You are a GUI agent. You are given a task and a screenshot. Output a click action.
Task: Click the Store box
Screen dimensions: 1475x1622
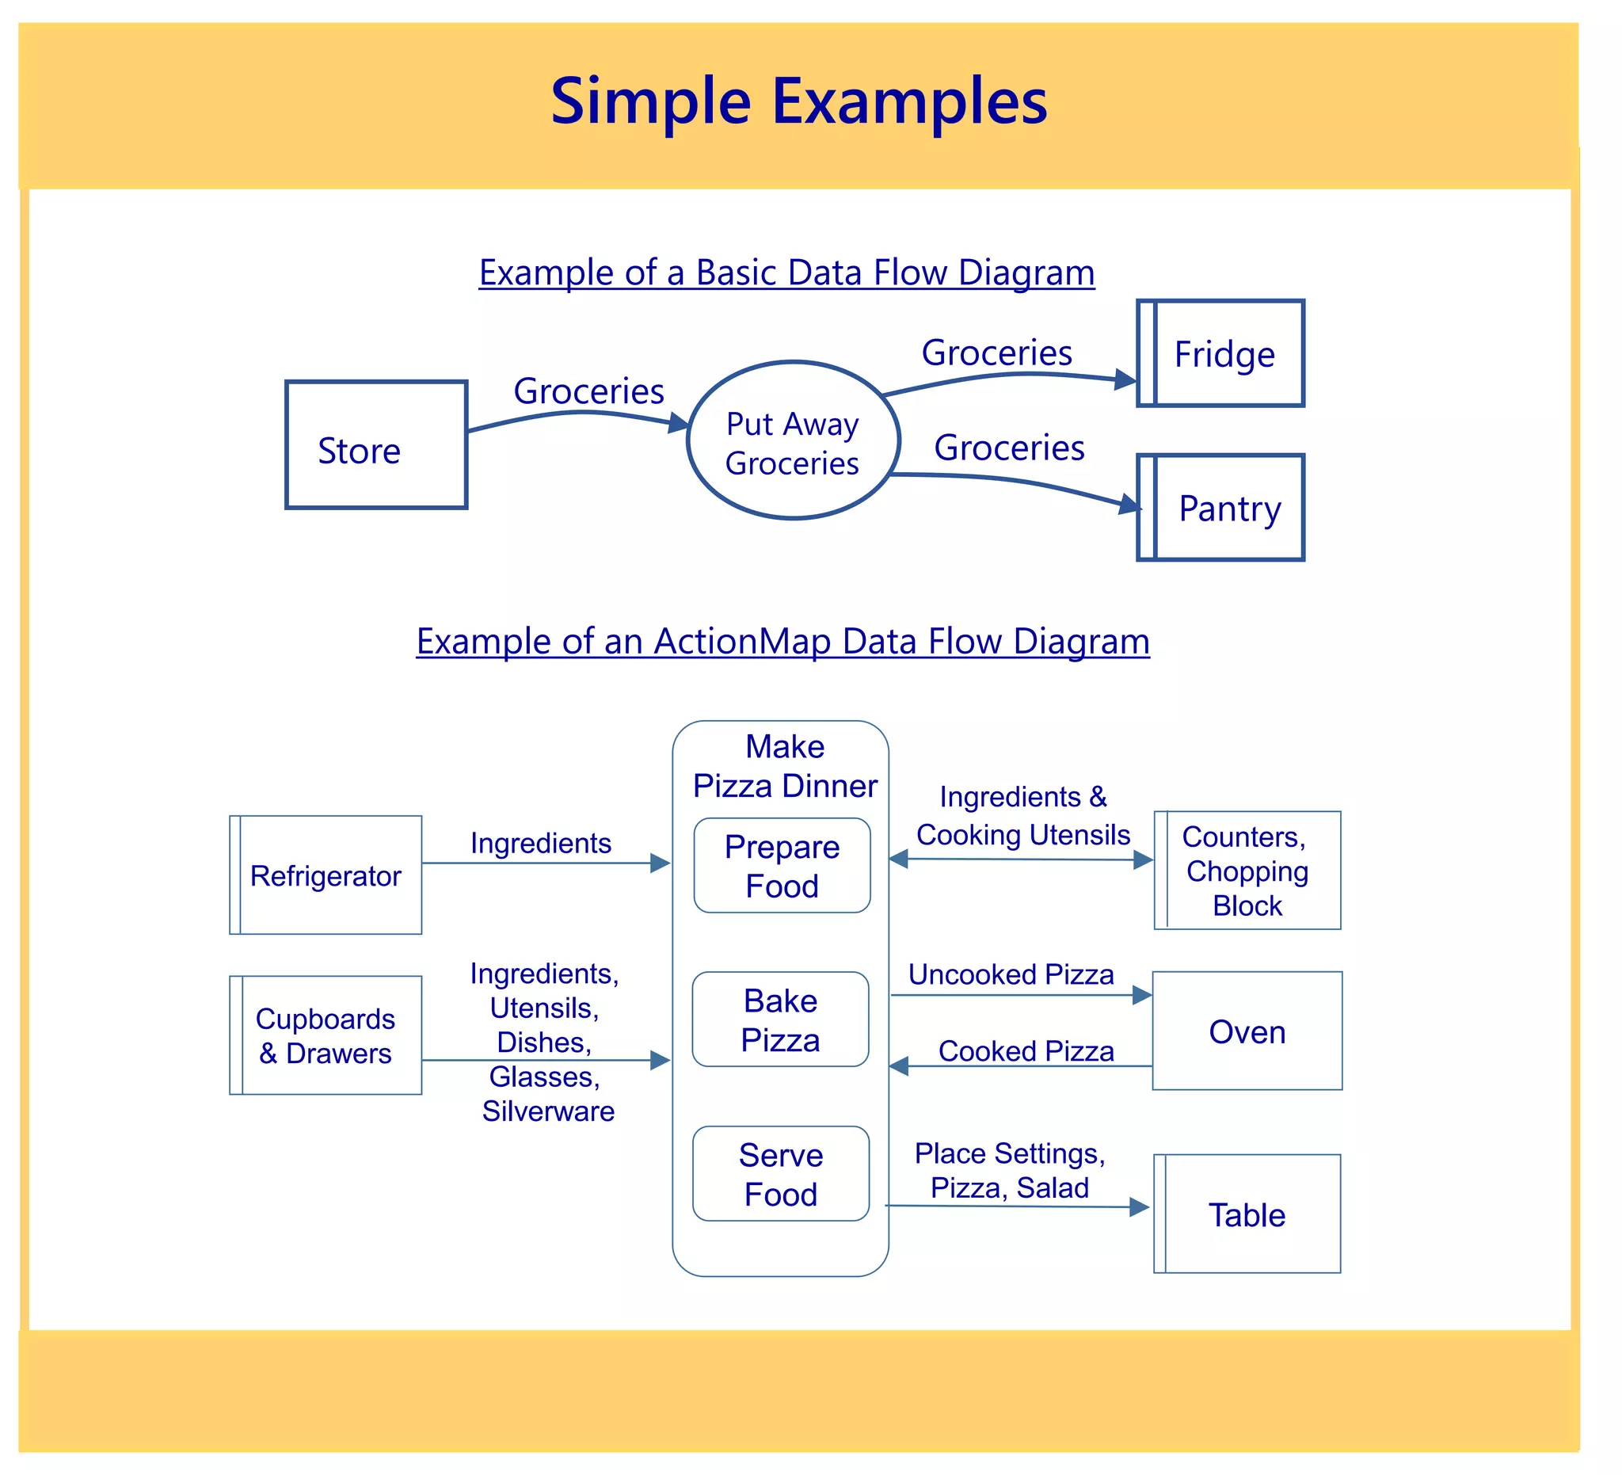(375, 445)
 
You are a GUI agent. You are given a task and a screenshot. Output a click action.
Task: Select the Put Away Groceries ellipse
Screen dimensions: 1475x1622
(794, 441)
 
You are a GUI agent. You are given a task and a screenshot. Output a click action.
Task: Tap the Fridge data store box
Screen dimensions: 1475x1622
(1221, 354)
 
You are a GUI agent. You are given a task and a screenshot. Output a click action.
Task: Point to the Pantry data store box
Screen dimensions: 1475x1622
(1221, 508)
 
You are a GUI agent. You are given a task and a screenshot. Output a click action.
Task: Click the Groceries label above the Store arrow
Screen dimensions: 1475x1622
(589, 392)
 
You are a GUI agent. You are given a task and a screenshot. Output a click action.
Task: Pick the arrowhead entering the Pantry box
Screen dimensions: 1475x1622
(1131, 505)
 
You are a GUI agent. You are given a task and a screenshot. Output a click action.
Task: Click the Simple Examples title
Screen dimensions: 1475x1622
(799, 102)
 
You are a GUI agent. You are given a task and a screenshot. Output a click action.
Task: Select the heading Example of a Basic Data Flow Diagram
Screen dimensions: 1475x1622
(787, 273)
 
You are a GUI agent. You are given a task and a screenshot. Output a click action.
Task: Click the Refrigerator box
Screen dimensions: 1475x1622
(326, 875)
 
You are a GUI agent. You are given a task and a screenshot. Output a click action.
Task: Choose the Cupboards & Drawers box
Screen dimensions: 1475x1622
(326, 1035)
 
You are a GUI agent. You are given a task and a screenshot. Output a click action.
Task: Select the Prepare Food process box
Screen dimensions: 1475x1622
(782, 866)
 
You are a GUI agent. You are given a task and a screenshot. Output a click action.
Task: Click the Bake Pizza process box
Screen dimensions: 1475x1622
(780, 1020)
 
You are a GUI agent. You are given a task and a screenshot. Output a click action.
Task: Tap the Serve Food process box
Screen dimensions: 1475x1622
(780, 1174)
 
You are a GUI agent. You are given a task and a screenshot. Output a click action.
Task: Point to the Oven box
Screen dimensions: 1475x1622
(1247, 1031)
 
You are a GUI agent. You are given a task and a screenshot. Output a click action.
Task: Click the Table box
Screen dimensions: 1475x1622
(1247, 1214)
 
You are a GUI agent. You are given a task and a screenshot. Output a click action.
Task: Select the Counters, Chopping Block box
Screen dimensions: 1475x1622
(1247, 871)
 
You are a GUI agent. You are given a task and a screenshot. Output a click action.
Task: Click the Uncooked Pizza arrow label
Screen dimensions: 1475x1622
(1011, 975)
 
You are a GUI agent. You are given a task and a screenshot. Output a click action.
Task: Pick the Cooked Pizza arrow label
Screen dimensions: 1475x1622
(1026, 1052)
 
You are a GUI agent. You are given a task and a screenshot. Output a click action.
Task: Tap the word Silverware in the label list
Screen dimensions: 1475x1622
(548, 1111)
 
